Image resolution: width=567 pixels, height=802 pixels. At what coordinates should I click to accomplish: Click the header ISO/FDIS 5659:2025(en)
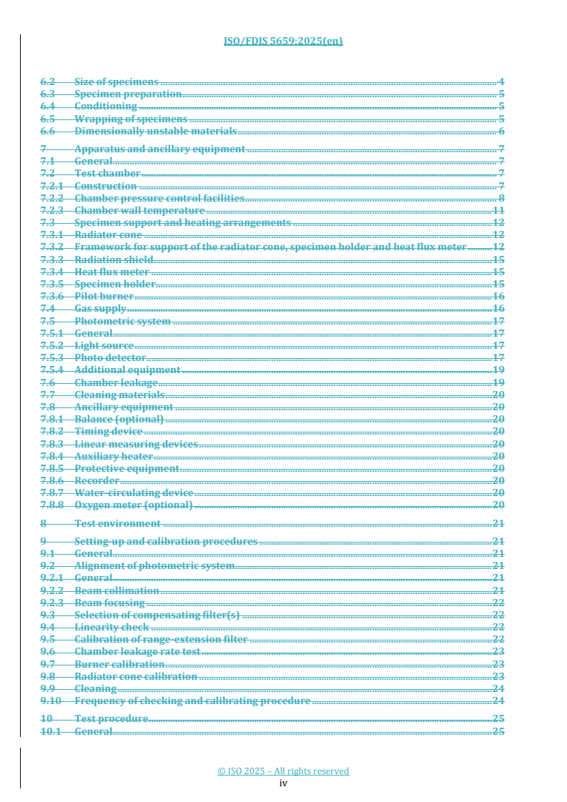[x=283, y=41]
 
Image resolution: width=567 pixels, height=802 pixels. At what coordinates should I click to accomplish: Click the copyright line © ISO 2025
[x=283, y=771]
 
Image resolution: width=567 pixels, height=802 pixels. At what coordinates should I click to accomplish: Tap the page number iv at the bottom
[x=283, y=783]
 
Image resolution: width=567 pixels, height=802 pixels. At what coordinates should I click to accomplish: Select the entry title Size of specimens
[x=117, y=82]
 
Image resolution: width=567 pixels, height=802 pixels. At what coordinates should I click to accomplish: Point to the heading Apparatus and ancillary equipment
[x=159, y=149]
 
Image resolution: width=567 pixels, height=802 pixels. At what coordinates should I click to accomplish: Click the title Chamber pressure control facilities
[x=159, y=198]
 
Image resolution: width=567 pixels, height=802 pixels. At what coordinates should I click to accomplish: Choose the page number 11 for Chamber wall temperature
[x=499, y=210]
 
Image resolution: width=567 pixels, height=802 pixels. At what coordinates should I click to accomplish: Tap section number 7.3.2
[x=52, y=247]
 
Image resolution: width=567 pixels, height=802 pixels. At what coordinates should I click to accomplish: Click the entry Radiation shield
[x=114, y=259]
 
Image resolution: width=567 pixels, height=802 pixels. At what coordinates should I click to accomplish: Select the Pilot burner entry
[x=104, y=295]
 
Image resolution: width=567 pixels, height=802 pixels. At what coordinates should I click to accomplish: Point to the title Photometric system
[x=122, y=321]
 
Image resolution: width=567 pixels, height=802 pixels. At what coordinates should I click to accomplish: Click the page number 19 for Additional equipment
[x=499, y=370]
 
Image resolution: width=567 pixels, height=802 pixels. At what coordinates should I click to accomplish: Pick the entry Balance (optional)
[x=119, y=419]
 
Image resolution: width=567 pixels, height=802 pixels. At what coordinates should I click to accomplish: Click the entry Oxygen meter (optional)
[x=134, y=505]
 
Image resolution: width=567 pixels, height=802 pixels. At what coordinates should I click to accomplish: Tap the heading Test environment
[x=117, y=523]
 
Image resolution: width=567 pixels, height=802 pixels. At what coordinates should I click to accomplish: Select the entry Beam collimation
[x=117, y=590]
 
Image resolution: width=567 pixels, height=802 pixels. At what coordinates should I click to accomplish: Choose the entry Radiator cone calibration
[x=136, y=676]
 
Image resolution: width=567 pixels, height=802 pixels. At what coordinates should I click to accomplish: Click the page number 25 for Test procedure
[x=499, y=718]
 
